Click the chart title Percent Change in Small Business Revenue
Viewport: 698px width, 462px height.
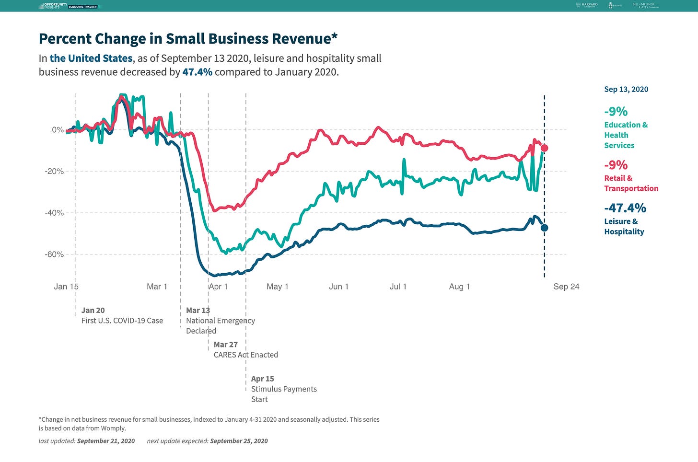click(185, 39)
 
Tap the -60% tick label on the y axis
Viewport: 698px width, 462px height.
click(54, 254)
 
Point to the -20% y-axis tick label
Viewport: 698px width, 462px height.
click(54, 172)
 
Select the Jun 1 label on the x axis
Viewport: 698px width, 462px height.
click(338, 287)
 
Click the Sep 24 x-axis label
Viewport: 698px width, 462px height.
click(566, 287)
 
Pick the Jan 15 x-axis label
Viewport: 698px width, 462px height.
click(66, 287)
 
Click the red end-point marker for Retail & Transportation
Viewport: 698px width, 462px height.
click(544, 148)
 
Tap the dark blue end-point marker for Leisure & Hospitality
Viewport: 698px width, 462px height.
click(544, 228)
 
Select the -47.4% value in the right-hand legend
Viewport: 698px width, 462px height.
click(625, 208)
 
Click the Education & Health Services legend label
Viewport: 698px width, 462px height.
click(626, 135)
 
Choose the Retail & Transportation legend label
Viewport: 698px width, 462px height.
click(631, 183)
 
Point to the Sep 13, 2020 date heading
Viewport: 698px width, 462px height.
click(626, 89)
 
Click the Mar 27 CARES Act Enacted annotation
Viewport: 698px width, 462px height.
click(245, 350)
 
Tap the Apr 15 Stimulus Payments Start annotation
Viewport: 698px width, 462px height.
click(284, 389)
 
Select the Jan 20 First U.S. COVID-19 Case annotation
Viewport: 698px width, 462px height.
click(122, 316)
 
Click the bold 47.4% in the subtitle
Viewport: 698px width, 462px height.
click(197, 72)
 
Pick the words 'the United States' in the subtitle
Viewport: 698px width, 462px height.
click(91, 58)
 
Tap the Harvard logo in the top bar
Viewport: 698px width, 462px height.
click(587, 5)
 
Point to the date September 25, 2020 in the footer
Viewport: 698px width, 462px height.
click(239, 441)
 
